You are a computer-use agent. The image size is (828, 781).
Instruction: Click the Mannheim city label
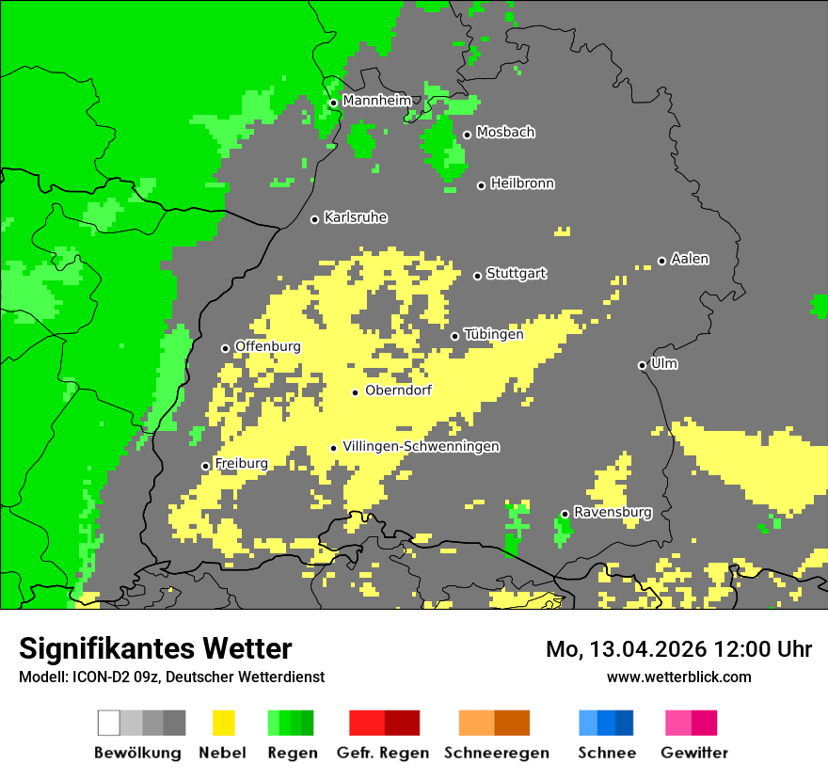pyautogui.click(x=377, y=101)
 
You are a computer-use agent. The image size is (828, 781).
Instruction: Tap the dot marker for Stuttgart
pyautogui.click(x=477, y=276)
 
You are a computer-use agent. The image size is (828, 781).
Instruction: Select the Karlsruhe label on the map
pyautogui.click(x=356, y=217)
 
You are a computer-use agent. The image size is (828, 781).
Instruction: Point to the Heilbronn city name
pyautogui.click(x=522, y=183)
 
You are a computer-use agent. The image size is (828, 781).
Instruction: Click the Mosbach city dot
pyautogui.click(x=467, y=135)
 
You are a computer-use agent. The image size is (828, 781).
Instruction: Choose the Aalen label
pyautogui.click(x=690, y=259)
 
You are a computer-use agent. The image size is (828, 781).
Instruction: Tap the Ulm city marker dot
pyautogui.click(x=642, y=365)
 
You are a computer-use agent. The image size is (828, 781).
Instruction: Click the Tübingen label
pyautogui.click(x=494, y=334)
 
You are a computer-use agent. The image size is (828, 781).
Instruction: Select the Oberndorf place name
pyautogui.click(x=399, y=390)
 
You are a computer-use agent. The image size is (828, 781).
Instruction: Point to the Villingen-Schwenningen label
pyautogui.click(x=421, y=446)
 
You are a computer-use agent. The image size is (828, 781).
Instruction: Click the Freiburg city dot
pyautogui.click(x=205, y=466)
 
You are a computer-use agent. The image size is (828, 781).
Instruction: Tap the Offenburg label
pyautogui.click(x=268, y=346)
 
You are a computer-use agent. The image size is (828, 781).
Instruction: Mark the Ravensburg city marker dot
pyautogui.click(x=565, y=514)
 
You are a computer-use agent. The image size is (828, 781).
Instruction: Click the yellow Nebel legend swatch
pyautogui.click(x=223, y=723)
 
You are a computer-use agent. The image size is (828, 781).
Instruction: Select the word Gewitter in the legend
pyautogui.click(x=693, y=753)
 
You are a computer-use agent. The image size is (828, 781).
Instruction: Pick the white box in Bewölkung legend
pyautogui.click(x=109, y=723)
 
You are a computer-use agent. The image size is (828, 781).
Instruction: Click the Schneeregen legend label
pyautogui.click(x=496, y=753)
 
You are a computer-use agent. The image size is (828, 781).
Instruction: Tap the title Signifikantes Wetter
pyautogui.click(x=155, y=648)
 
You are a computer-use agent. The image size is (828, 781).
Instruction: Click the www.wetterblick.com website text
pyautogui.click(x=678, y=677)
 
